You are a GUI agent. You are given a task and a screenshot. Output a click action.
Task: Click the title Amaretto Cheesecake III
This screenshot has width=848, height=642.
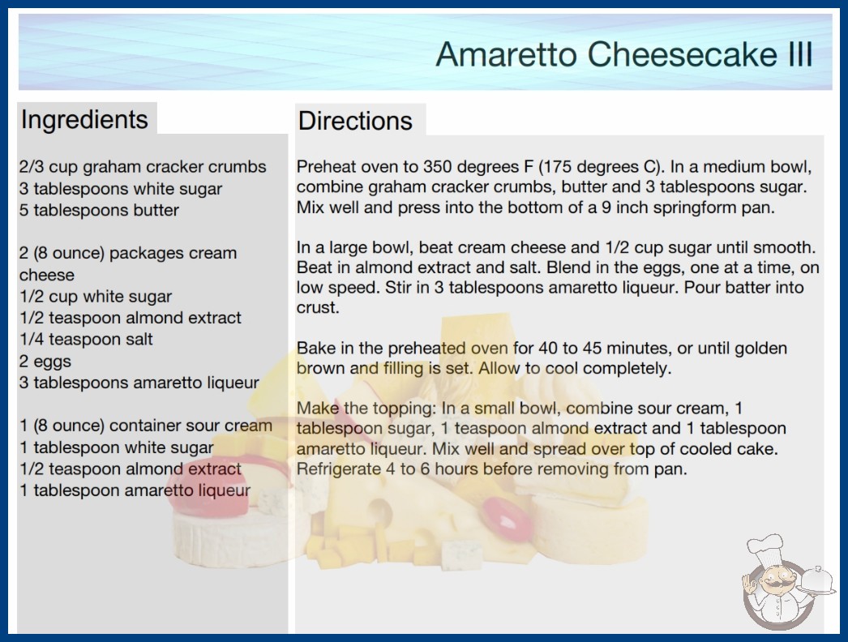(624, 54)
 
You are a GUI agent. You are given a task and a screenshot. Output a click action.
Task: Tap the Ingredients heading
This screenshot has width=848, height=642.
(84, 120)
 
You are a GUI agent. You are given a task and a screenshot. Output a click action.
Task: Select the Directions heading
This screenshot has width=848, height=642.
(355, 121)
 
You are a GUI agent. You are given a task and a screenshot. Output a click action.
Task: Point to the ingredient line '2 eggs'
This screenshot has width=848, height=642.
(45, 362)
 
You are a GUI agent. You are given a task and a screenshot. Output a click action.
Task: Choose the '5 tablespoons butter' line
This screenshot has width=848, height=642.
(99, 210)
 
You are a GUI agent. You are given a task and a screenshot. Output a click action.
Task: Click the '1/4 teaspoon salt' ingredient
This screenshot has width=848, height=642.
(86, 339)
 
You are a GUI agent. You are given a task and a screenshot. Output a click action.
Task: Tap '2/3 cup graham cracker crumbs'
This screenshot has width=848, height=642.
(143, 167)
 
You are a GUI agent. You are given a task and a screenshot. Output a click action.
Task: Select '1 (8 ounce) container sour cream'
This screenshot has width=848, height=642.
(146, 426)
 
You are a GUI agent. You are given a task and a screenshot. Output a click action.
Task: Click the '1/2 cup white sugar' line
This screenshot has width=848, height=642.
(95, 297)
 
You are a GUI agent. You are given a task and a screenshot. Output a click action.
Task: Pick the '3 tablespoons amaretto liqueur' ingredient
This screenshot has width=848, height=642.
(139, 383)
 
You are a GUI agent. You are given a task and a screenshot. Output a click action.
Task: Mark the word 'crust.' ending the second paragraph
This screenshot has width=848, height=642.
(318, 308)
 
